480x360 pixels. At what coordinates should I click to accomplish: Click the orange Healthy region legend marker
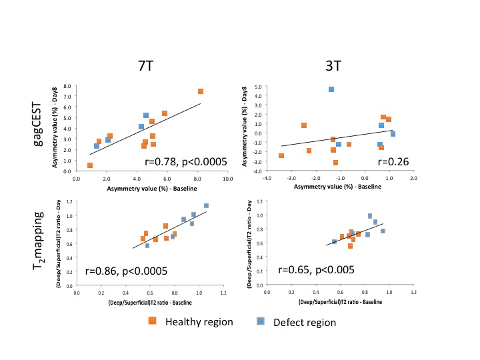pyautogui.click(x=152, y=321)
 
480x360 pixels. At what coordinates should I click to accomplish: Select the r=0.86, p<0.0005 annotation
pyautogui.click(x=126, y=271)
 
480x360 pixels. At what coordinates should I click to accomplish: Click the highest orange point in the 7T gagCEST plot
pyautogui.click(x=201, y=91)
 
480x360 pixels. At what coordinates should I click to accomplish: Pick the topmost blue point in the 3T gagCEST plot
pyautogui.click(x=331, y=89)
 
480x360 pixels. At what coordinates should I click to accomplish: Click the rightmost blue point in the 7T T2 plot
pyautogui.click(x=206, y=206)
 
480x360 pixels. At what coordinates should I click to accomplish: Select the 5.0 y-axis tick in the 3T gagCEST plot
pyautogui.click(x=256, y=86)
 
